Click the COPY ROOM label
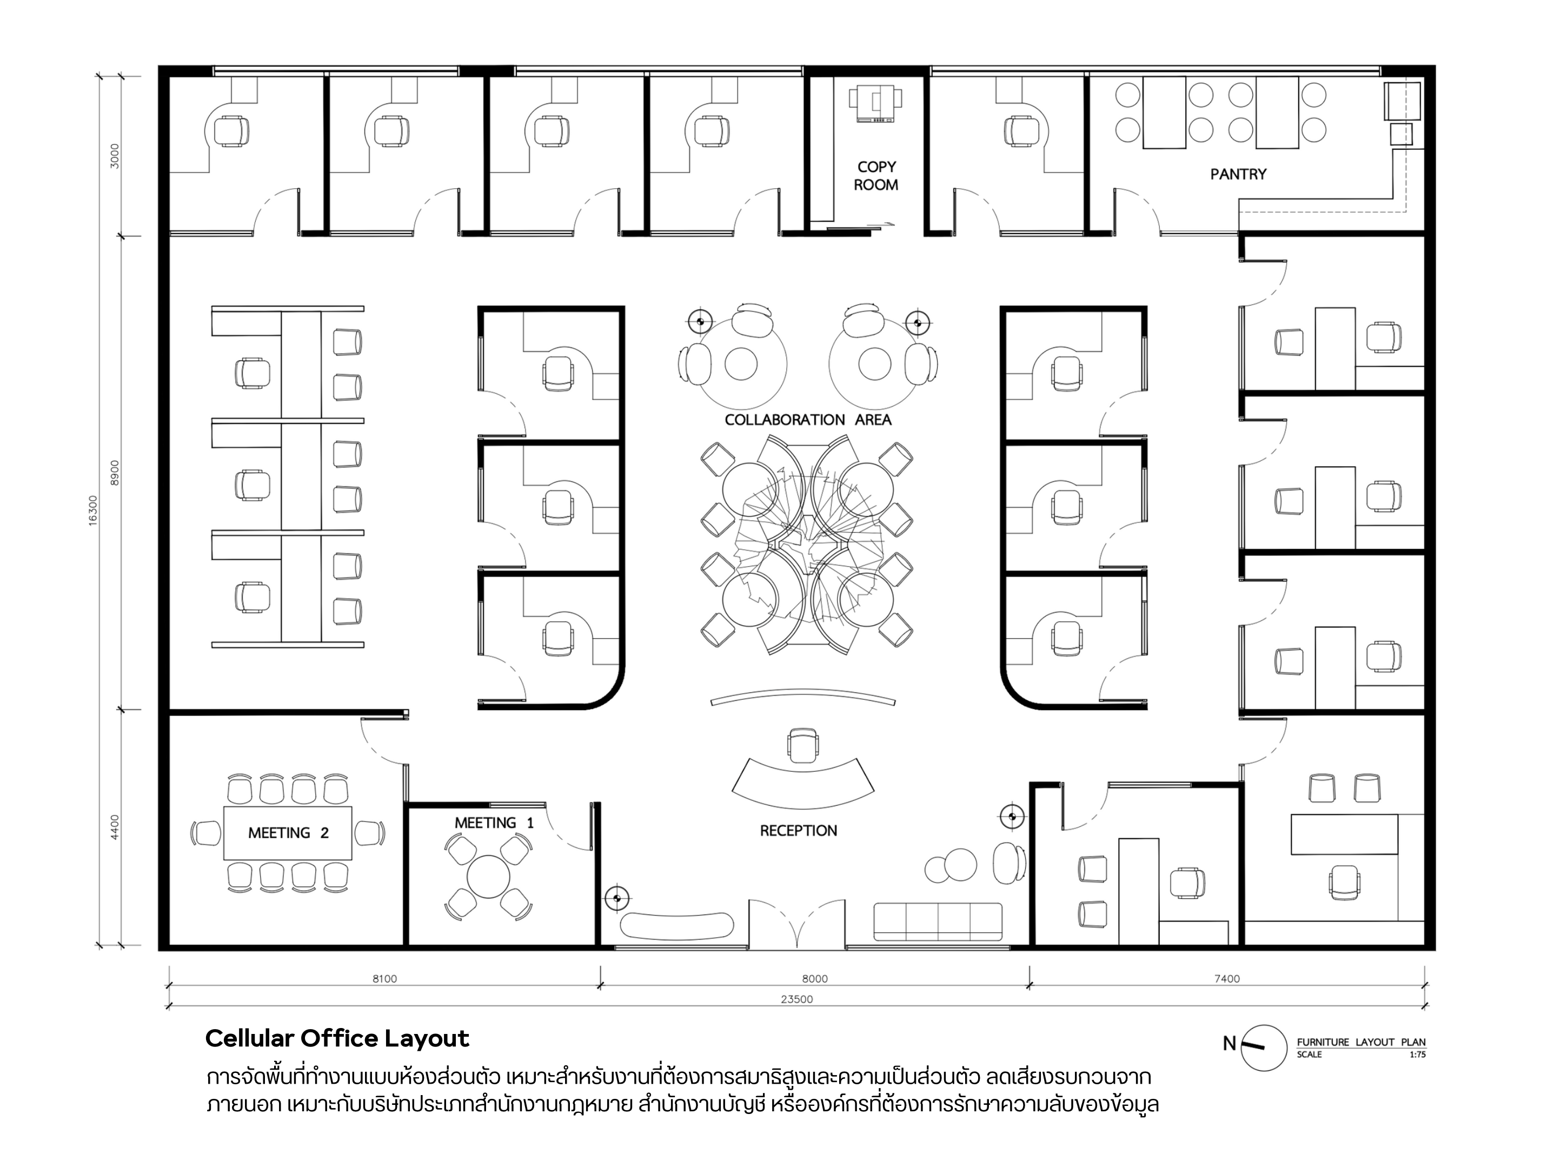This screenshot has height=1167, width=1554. [x=875, y=176]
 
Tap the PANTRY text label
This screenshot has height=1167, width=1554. [x=1238, y=174]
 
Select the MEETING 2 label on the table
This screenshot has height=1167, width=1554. [x=288, y=833]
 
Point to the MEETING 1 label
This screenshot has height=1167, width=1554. [x=494, y=823]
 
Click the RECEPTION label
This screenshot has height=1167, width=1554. [x=798, y=831]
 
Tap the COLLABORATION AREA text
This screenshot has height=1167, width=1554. [x=808, y=420]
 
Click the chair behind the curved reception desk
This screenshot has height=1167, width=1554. [x=803, y=745]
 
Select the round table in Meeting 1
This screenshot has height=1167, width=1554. [x=488, y=876]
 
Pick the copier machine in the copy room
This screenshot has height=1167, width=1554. [x=875, y=104]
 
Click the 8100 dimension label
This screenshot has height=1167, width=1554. [x=384, y=979]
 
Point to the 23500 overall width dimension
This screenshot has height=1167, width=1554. [x=796, y=999]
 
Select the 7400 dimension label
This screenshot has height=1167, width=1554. [x=1227, y=979]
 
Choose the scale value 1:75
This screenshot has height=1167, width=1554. [x=1417, y=1055]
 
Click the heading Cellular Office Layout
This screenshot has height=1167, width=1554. [x=337, y=1038]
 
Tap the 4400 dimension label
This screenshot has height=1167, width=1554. [x=115, y=826]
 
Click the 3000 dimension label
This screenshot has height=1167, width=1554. [x=115, y=155]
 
